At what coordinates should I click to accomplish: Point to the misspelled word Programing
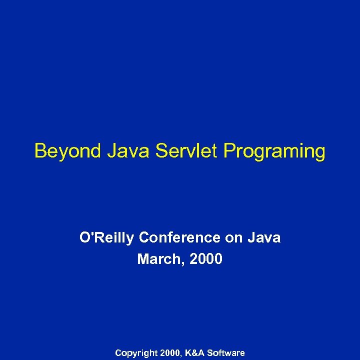pos(274,151)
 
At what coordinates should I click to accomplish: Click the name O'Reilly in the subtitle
pos(107,237)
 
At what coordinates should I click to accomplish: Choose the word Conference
pos(180,237)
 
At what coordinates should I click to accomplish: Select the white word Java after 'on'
pos(264,237)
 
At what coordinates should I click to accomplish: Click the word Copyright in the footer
pos(135,353)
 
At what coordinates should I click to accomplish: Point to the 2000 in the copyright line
pos(171,353)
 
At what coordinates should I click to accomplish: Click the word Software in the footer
pos(226,353)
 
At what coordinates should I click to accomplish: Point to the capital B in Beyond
pos(39,150)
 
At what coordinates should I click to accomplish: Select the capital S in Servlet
pos(160,150)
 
